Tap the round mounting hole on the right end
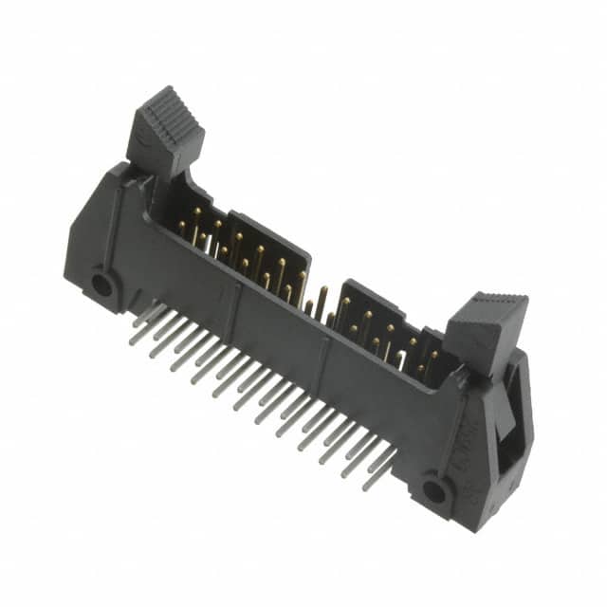coord(435,490)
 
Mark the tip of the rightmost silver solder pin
coord(367,485)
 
